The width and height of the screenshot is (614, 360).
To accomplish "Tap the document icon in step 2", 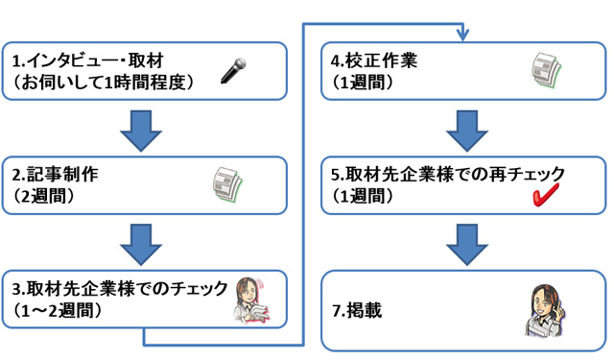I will (228, 182).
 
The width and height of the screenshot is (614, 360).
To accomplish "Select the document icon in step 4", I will (547, 70).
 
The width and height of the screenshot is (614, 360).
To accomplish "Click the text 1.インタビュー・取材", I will (81, 61).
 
